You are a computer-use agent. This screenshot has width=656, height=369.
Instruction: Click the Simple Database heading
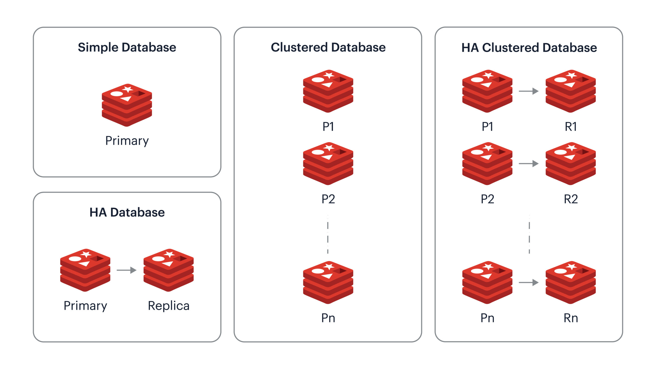(127, 47)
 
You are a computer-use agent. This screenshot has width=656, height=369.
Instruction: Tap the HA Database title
(127, 212)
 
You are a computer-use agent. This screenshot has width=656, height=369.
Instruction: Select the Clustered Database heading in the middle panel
(328, 47)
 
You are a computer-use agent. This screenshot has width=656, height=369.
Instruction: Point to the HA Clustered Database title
(529, 48)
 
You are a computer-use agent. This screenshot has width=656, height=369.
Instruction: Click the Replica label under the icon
(169, 306)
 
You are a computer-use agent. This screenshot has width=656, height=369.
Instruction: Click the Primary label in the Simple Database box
(127, 141)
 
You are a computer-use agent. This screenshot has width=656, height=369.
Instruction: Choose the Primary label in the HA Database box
(85, 306)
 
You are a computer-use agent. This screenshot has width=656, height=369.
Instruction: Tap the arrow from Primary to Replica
(126, 270)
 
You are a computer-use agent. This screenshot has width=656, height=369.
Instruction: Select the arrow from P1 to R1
(528, 91)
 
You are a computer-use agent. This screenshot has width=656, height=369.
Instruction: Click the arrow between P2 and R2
(528, 163)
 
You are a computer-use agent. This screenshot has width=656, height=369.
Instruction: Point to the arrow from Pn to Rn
(528, 282)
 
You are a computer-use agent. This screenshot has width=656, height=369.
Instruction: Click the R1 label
(571, 127)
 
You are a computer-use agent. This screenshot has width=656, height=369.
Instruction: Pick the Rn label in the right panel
(571, 318)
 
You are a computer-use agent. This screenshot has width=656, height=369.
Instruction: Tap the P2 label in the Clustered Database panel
(328, 199)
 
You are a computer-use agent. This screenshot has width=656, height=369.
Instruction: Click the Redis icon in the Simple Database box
(127, 105)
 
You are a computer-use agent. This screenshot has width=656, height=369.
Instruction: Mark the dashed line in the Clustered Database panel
(328, 234)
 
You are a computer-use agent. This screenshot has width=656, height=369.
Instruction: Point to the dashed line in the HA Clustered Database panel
(529, 234)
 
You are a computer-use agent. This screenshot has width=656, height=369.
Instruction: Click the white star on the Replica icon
(169, 254)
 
